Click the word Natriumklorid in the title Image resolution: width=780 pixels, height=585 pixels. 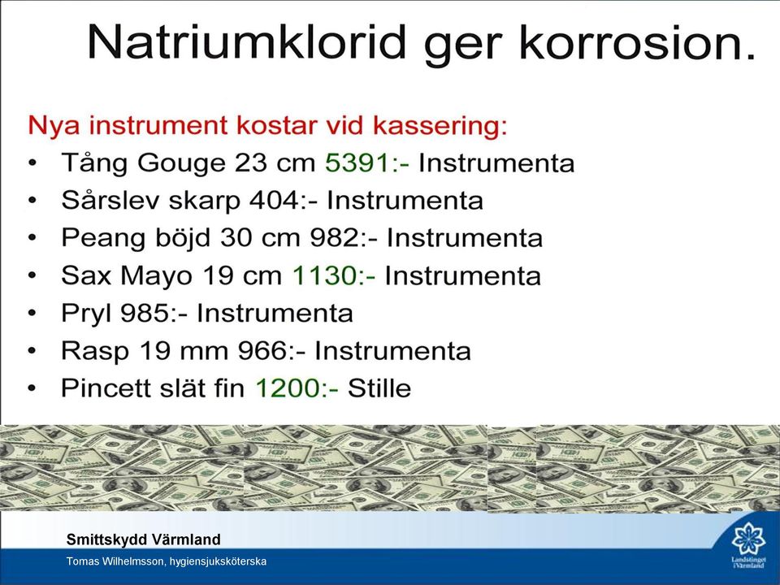(x=247, y=41)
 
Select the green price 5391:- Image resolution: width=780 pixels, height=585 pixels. (x=367, y=162)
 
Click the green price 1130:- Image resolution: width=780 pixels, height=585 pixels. (x=334, y=275)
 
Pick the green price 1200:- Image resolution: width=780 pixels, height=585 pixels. (x=297, y=388)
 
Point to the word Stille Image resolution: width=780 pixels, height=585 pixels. (x=379, y=388)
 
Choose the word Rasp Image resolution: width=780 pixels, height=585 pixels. (x=95, y=352)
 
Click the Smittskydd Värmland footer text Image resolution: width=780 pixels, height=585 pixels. (x=143, y=539)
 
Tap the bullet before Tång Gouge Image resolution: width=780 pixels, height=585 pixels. (x=32, y=163)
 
